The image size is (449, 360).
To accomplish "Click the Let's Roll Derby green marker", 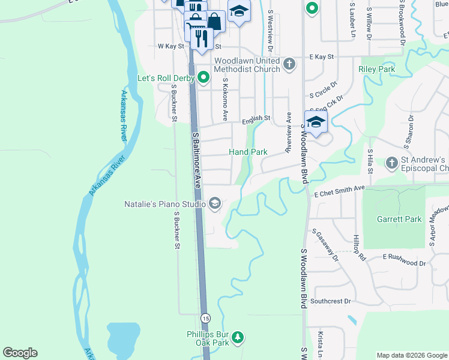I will tap(203, 77).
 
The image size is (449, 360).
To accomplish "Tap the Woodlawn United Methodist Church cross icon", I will tap(289, 63).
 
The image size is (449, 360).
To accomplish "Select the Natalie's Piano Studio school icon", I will tap(214, 204).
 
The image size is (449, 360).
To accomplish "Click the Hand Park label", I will tap(248, 152).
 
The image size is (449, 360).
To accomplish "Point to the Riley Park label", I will tap(376, 70).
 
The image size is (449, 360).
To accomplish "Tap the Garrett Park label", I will tap(399, 219).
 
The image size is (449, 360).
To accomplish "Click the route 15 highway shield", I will tap(205, 317).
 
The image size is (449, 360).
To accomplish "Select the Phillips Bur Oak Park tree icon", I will tap(238, 337).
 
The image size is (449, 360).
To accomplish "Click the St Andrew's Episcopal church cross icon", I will tap(391, 162).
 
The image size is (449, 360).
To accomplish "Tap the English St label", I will tap(256, 119).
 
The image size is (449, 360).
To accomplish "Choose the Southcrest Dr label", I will tap(331, 301).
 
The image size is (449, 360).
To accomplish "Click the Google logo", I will tap(20, 353).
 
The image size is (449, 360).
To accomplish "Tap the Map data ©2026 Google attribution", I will tap(412, 355).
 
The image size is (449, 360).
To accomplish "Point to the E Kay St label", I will tap(321, 56).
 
